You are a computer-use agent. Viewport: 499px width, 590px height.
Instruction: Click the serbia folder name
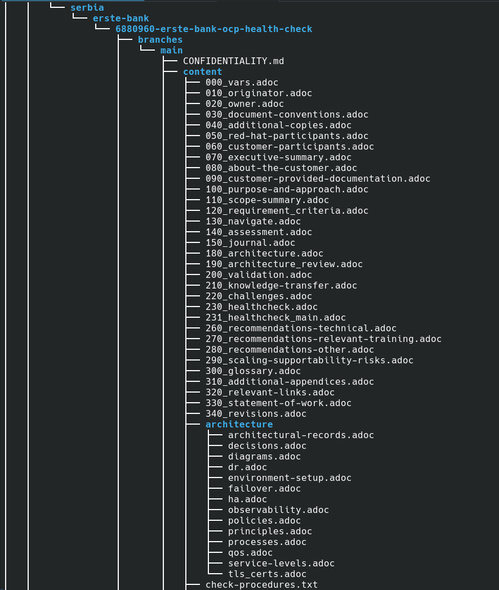click(87, 7)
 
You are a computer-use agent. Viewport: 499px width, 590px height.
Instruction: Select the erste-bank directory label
click(121, 18)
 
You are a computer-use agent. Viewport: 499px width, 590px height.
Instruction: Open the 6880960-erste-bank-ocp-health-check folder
click(213, 29)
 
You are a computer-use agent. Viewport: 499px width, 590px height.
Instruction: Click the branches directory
click(160, 39)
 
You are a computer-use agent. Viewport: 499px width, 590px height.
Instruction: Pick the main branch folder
click(171, 51)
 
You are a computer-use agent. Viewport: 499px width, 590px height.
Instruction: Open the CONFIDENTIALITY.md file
click(234, 61)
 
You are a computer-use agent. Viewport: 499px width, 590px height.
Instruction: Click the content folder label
click(202, 71)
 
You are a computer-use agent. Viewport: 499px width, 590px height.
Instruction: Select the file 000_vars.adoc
click(242, 83)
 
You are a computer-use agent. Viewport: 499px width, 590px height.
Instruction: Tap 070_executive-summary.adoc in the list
click(279, 157)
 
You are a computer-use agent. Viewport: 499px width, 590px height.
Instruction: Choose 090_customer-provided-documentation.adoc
click(318, 179)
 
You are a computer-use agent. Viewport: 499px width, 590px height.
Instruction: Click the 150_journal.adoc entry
click(250, 243)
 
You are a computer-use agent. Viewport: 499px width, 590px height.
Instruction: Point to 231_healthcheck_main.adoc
click(276, 318)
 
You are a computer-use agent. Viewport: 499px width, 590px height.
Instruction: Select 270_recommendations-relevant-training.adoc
click(324, 339)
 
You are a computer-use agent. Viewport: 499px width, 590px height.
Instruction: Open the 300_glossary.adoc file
click(253, 371)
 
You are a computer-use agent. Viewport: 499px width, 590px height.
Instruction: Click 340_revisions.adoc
click(256, 413)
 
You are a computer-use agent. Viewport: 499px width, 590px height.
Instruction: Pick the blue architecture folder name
click(239, 425)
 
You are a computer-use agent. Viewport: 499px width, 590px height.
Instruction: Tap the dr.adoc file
click(248, 467)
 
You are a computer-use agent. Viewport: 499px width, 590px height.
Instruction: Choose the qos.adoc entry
click(250, 553)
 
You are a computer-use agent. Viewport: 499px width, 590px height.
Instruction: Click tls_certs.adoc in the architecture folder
click(267, 574)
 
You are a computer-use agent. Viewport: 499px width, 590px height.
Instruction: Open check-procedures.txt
click(261, 585)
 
